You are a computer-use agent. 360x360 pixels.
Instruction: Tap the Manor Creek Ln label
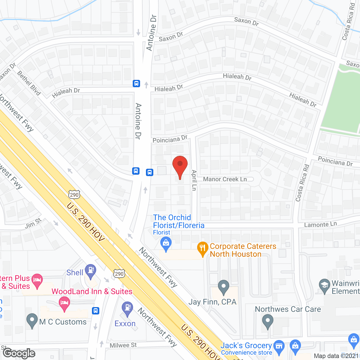[225, 179]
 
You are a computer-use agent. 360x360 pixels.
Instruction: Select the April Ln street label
[194, 180]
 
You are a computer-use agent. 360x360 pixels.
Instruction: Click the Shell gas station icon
[91, 271]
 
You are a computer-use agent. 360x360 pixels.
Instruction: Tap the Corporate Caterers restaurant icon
[202, 248]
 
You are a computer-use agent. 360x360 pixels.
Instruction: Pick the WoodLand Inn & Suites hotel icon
[65, 303]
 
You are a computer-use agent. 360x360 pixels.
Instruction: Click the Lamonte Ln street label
[320, 224]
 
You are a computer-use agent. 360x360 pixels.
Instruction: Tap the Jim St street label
[33, 224]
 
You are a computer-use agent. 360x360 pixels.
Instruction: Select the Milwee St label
[123, 345]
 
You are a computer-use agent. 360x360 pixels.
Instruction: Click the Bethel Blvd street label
[29, 83]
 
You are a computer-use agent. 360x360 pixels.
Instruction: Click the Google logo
[19, 353]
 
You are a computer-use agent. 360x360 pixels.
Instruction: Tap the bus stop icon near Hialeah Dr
[136, 84]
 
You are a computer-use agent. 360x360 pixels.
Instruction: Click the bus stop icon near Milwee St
[96, 310]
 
